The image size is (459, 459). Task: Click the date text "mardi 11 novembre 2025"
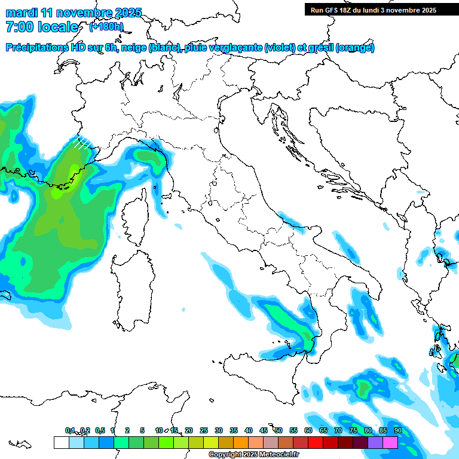(74, 13)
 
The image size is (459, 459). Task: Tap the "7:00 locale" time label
(42, 27)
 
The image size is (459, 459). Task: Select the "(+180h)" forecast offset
(106, 27)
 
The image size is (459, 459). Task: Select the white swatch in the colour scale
(61, 442)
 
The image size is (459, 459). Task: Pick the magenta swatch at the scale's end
(390, 442)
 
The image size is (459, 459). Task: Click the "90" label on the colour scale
(397, 430)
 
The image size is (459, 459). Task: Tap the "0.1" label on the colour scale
(70, 430)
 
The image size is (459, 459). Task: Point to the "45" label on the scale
(264, 430)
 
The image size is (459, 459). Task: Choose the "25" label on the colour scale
(204, 430)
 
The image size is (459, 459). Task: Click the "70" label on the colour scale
(338, 430)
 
